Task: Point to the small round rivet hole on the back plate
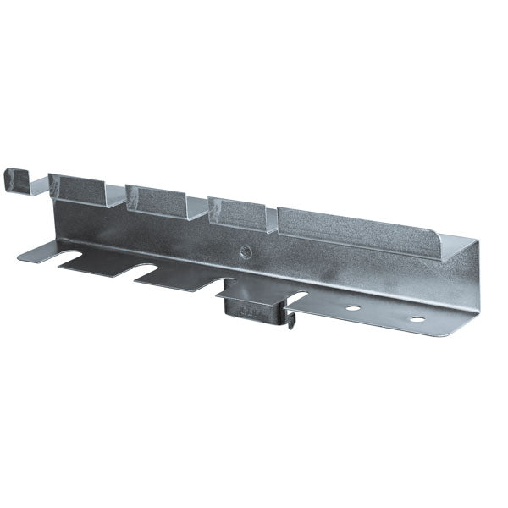pos(246,251)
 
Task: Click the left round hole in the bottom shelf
pos(351,307)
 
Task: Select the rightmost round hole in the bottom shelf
pos(417,319)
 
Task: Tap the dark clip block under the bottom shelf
pos(253,308)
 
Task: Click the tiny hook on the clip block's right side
pos(290,319)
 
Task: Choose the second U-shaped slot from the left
pos(150,270)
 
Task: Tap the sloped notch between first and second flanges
pos(117,200)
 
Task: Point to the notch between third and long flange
pos(272,222)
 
